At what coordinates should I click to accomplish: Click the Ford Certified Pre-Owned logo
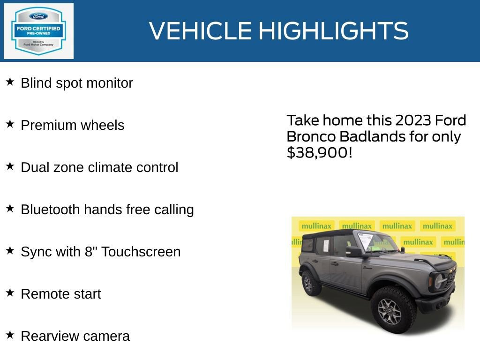(x=38, y=31)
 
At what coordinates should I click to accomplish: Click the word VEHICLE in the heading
(x=201, y=31)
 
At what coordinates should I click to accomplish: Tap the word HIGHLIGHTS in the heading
(x=333, y=31)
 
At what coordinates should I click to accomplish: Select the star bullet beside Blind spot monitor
(x=10, y=82)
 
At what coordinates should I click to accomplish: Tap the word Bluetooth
(x=50, y=210)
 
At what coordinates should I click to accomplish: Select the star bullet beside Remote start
(x=10, y=293)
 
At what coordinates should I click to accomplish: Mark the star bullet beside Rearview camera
(x=10, y=335)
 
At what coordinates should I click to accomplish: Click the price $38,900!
(x=319, y=152)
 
